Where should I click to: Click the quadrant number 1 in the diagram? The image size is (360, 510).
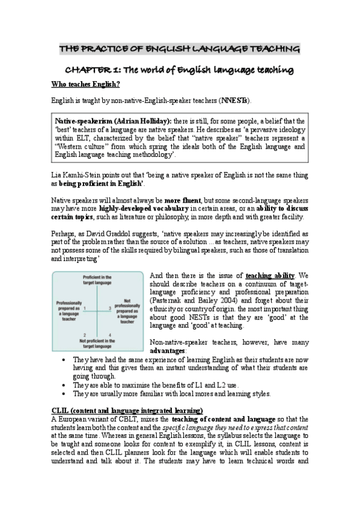[85, 308]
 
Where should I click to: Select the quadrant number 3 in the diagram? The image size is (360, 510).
[109, 308]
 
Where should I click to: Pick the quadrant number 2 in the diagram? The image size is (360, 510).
[85, 334]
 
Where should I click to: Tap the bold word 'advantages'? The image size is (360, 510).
[168, 349]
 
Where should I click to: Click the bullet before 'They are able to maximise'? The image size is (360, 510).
[65, 385]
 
